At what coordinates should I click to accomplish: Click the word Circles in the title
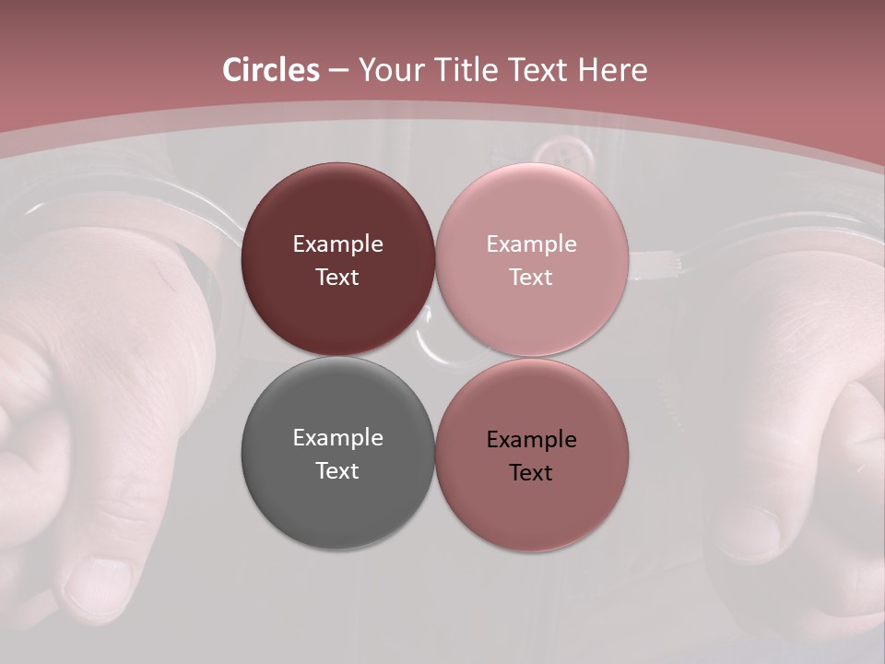(270, 70)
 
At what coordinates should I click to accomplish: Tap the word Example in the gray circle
(337, 438)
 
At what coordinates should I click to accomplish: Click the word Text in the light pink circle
(531, 277)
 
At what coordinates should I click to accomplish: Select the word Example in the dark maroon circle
(337, 243)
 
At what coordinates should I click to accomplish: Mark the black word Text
(531, 472)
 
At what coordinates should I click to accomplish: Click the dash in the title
(338, 71)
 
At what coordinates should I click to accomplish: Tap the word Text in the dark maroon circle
(337, 277)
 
